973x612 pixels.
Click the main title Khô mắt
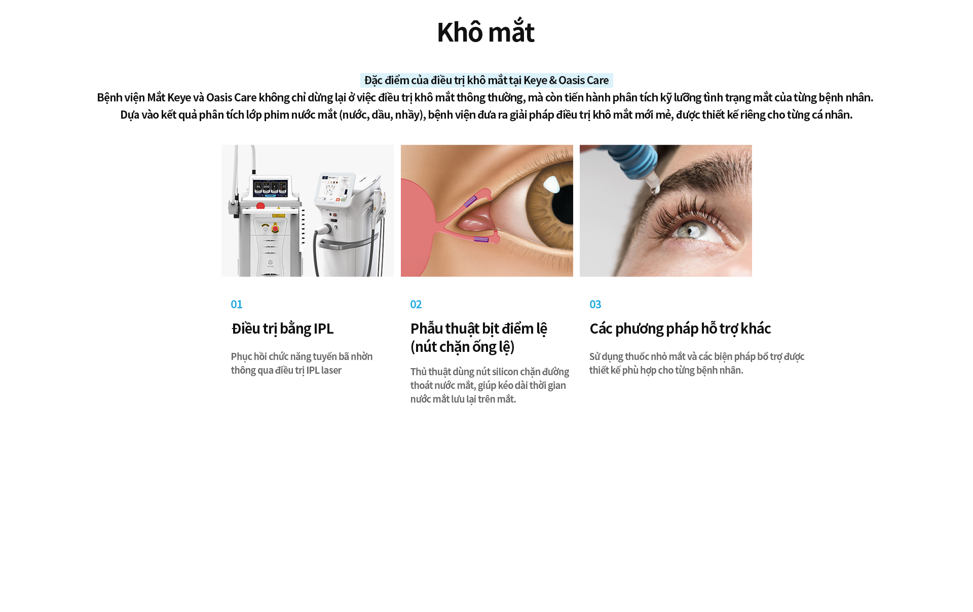pos(485,32)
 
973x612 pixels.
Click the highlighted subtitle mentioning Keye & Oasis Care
pos(486,80)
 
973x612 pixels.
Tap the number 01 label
pos(237,304)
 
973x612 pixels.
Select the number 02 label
pos(416,304)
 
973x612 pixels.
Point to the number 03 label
pos(595,304)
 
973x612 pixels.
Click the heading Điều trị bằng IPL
pos(282,329)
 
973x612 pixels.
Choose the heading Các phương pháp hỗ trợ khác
pos(680,329)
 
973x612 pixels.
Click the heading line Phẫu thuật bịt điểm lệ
pos(479,329)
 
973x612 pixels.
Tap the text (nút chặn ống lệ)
pos(463,347)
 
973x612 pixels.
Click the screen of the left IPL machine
pos(270,188)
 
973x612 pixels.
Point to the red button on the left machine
pos(260,206)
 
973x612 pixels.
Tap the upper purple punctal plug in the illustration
pos(470,201)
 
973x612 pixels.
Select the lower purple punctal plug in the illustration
pos(481,239)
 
